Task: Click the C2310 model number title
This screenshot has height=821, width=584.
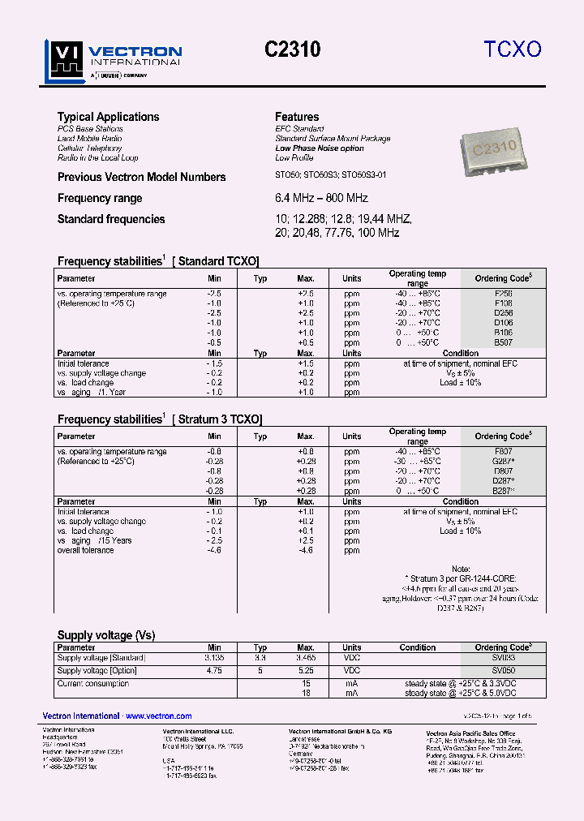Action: [293, 49]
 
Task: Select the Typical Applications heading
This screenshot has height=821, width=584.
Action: [108, 117]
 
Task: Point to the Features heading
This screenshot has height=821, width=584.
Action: [297, 117]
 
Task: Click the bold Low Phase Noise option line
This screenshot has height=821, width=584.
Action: [320, 148]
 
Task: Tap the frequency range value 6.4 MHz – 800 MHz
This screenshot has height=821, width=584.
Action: [321, 198]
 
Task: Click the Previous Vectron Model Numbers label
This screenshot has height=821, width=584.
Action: [141, 177]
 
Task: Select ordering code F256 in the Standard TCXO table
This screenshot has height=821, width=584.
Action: [503, 294]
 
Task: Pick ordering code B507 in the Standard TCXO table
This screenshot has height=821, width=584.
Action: [503, 342]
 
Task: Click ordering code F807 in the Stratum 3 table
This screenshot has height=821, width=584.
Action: [503, 451]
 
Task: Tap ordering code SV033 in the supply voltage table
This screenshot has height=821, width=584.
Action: [503, 658]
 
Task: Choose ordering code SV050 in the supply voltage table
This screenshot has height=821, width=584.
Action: [503, 671]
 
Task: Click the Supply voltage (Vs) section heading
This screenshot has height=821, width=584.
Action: [105, 635]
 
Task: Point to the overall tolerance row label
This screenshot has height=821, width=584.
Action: [85, 550]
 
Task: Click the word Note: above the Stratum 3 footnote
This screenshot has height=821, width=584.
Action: [461, 569]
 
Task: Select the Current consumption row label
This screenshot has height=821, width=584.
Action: [92, 684]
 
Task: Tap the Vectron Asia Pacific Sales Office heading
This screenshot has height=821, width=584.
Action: [470, 733]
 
